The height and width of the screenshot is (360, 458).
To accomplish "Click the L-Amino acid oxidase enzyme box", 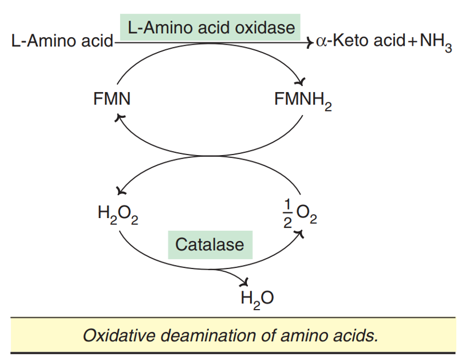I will click(x=211, y=27).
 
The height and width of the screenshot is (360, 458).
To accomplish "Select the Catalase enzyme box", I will click(x=210, y=244).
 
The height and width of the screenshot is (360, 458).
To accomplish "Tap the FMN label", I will click(x=112, y=99).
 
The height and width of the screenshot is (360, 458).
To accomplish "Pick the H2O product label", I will click(x=257, y=299).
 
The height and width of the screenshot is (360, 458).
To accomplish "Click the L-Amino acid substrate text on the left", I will click(x=62, y=42).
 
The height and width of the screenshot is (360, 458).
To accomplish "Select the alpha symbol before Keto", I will click(x=320, y=42).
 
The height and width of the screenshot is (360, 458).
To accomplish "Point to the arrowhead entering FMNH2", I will click(x=304, y=82).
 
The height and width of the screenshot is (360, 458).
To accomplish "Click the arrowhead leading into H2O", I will click(x=246, y=282).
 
